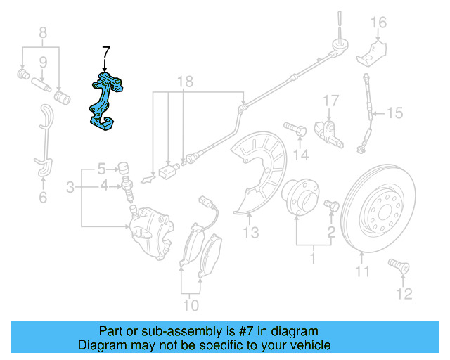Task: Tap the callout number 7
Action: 106,52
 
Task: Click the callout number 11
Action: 361,271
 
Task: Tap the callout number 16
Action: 378,22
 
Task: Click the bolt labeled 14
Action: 295,129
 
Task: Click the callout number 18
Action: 184,82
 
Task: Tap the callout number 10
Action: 191,304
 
